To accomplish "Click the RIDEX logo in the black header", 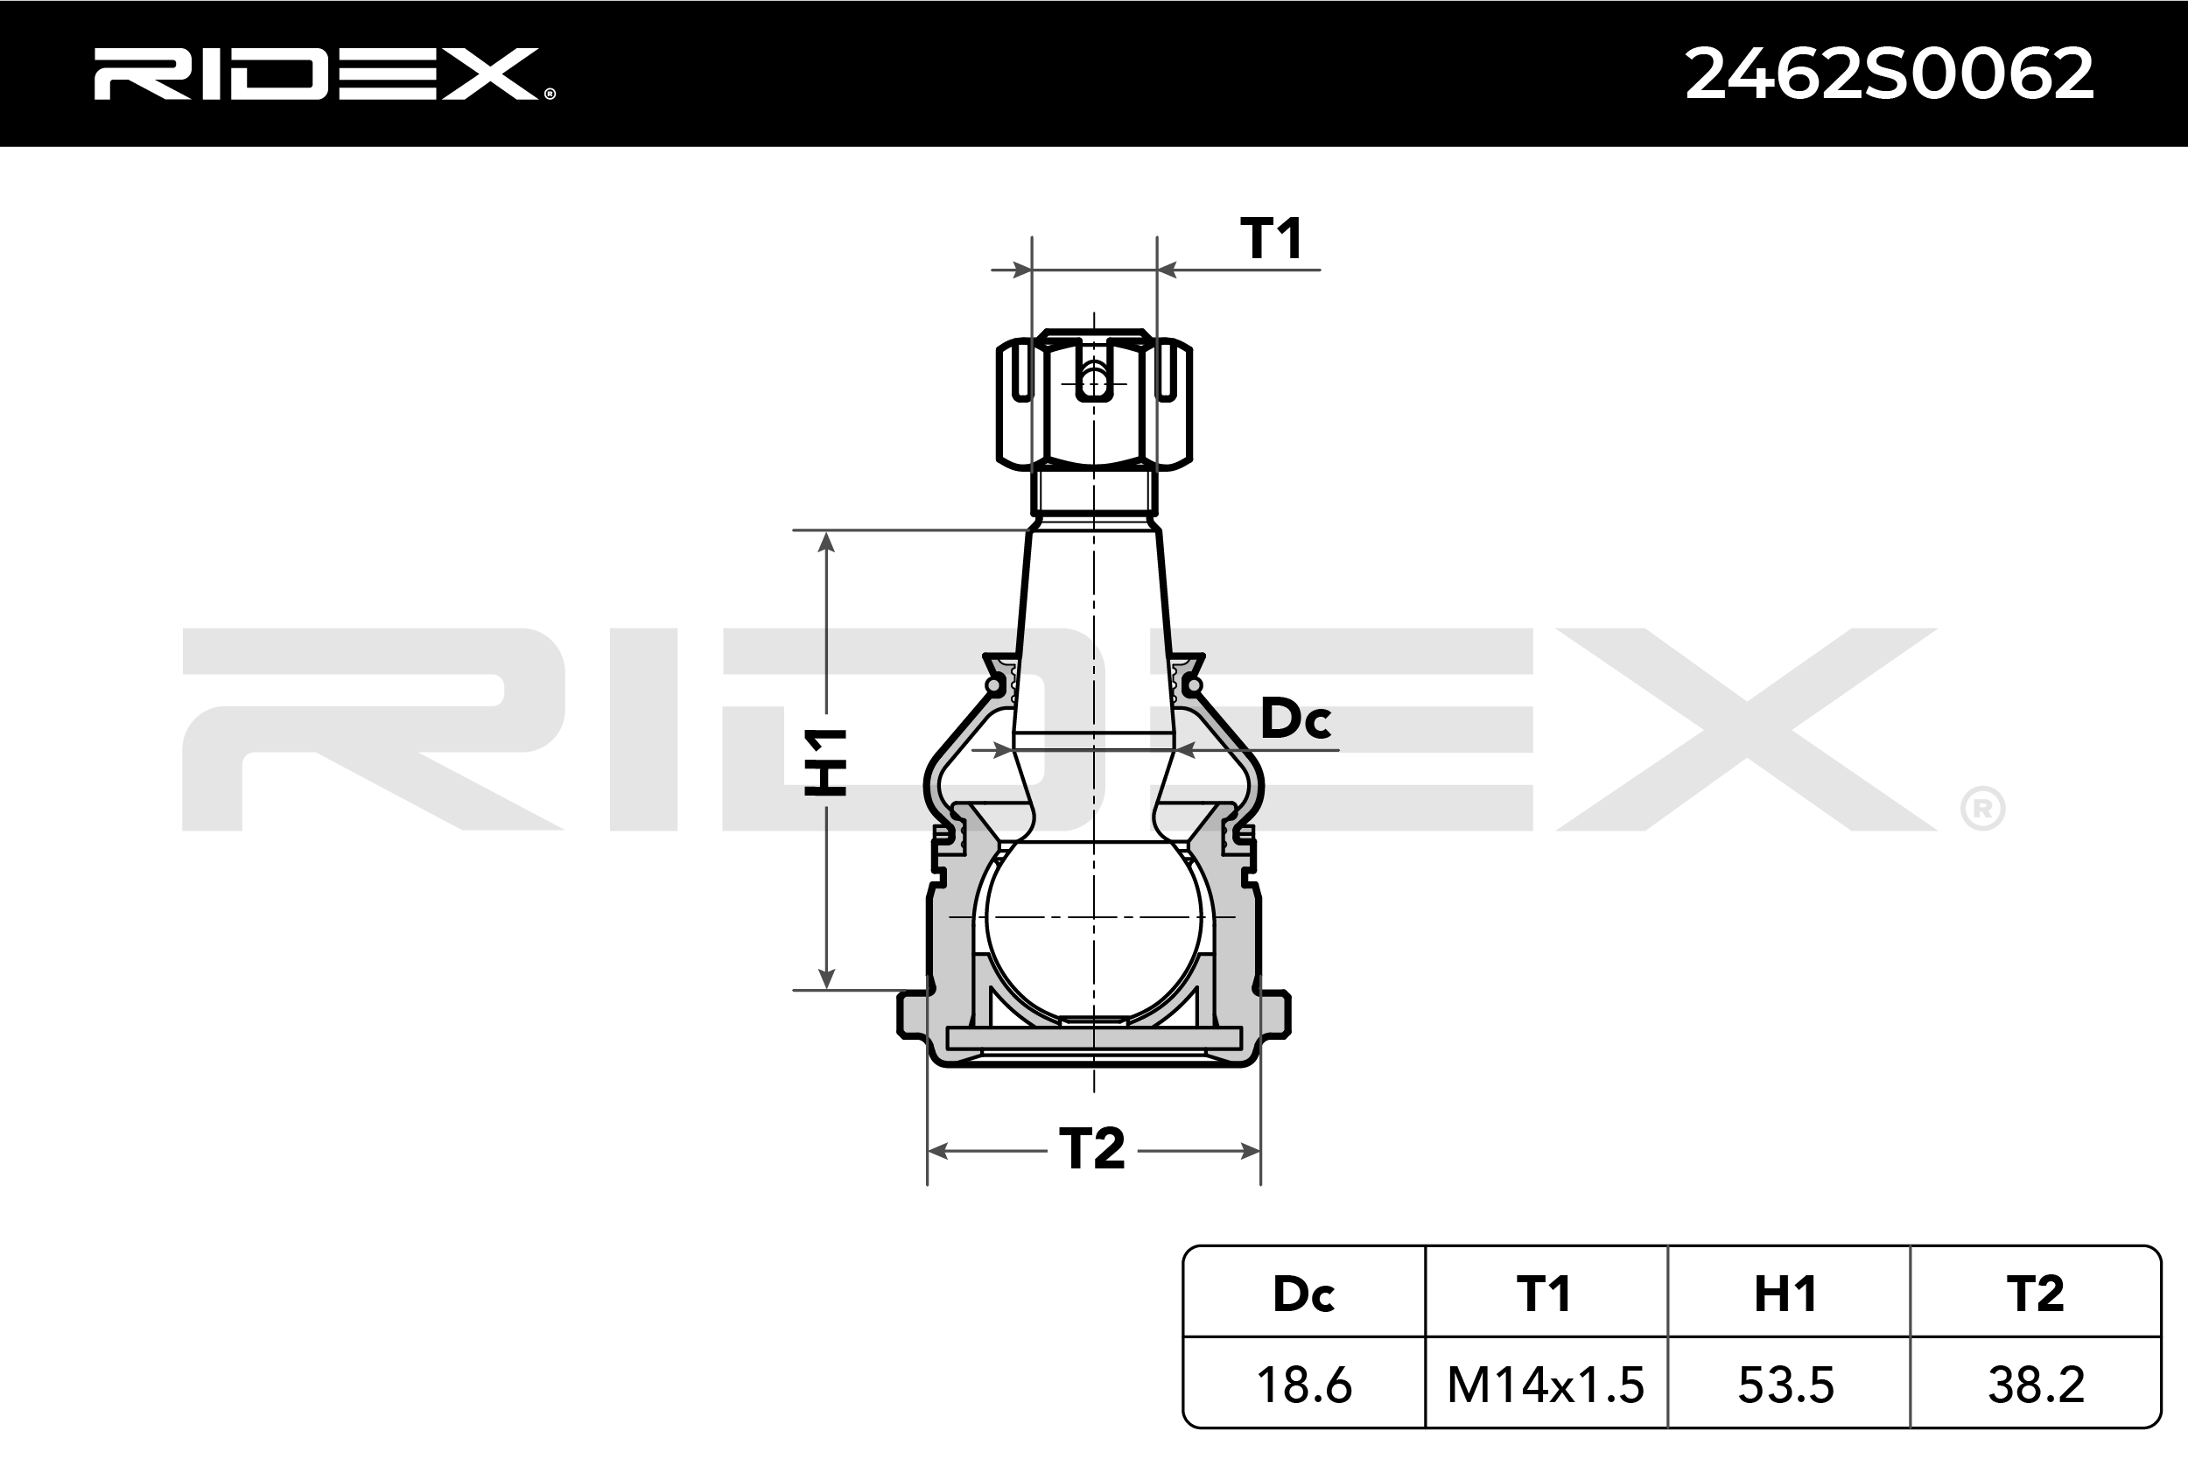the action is (324, 74).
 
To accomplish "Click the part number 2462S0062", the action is (1890, 74).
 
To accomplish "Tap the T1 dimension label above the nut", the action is (1272, 238).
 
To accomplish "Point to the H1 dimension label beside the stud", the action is (826, 762).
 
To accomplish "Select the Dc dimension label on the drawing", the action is (1295, 719).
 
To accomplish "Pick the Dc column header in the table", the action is (1303, 1294).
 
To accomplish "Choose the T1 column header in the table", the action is (1544, 1294).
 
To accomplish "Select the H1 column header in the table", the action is (1785, 1294).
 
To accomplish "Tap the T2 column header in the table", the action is (2036, 1294).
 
